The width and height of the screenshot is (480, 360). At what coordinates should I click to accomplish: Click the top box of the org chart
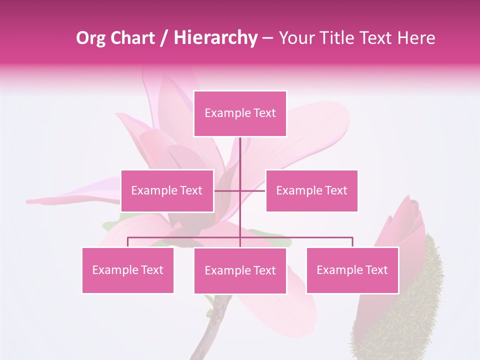pos(240,113)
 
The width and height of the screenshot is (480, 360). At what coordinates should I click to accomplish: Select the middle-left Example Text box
pos(167,190)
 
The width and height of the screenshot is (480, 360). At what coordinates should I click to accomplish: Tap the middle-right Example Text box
pos(311,190)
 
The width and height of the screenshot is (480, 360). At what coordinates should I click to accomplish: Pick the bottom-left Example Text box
pos(127,270)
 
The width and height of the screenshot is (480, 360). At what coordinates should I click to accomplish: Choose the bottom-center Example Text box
pos(240,270)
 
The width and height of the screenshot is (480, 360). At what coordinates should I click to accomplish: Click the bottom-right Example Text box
pos(352,270)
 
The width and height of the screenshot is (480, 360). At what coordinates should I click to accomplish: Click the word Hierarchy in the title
pos(215,37)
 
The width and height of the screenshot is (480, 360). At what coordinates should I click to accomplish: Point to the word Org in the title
pos(90,38)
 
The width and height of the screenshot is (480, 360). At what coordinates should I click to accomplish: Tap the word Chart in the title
pos(132,38)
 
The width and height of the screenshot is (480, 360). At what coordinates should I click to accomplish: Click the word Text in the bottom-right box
pos(376,270)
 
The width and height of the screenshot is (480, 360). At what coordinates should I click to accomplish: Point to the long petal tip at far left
pos(35,201)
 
